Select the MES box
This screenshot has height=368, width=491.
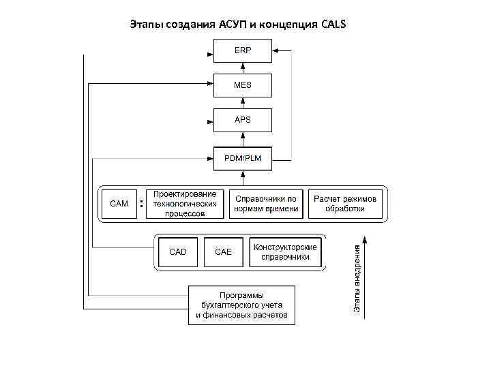243,86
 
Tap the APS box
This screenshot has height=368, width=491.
243,120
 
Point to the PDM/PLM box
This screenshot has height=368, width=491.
243,159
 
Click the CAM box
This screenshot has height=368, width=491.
119,204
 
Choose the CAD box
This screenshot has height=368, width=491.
178,252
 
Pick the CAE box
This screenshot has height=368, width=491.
224,252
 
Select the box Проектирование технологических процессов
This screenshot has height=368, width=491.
185,204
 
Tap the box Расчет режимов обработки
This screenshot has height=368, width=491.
345,204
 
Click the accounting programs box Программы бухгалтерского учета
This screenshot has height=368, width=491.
242,305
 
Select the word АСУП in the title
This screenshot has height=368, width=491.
237,25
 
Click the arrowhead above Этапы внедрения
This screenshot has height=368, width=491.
366,239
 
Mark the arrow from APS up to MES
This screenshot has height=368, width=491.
243,102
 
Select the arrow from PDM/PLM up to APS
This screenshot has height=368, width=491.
243,140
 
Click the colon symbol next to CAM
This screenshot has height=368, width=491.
141,203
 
